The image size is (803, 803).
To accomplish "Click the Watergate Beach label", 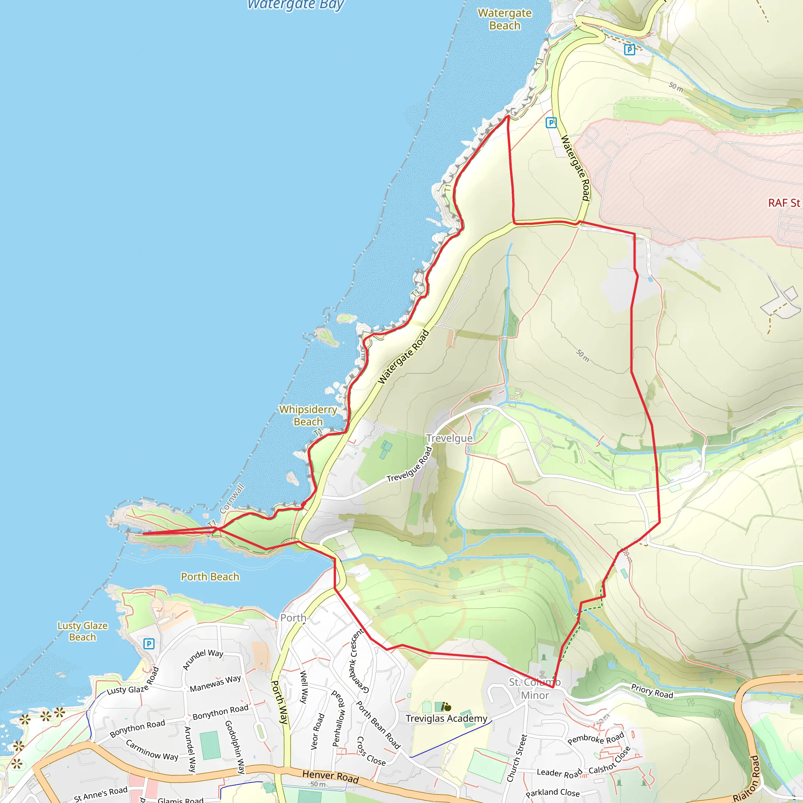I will click(x=505, y=20).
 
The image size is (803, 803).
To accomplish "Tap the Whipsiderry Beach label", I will click(x=308, y=416).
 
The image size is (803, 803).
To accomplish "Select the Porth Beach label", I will click(x=210, y=577).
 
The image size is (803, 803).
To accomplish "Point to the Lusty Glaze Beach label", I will click(x=82, y=631).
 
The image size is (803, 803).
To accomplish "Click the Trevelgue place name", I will click(x=449, y=438).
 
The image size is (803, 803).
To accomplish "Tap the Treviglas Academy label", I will click(x=446, y=719).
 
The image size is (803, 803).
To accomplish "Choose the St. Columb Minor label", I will click(x=535, y=689).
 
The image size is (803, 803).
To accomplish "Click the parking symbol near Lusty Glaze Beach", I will click(x=149, y=644).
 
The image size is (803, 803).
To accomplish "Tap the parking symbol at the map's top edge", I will click(x=630, y=50).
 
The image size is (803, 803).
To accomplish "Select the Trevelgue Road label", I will click(x=410, y=465).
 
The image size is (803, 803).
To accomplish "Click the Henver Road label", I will click(x=331, y=776).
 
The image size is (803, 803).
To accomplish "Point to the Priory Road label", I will click(x=652, y=691).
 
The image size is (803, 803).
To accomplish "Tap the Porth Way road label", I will click(x=279, y=702).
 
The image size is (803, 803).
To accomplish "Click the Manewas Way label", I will click(x=215, y=684).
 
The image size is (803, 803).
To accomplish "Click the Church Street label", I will click(x=517, y=758).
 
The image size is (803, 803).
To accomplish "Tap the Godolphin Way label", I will click(x=235, y=747).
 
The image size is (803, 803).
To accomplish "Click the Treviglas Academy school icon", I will click(x=446, y=707).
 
